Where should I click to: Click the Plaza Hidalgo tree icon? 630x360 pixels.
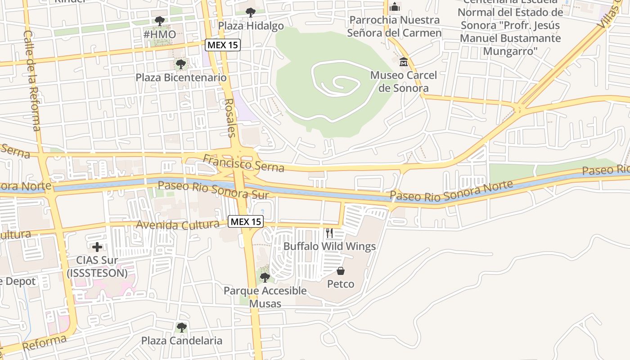(250, 13)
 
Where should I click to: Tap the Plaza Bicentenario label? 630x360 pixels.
(181, 77)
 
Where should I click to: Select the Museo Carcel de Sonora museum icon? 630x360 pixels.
(403, 62)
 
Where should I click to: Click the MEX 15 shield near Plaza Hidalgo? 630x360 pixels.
(222, 45)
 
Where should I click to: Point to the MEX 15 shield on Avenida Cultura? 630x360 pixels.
(245, 221)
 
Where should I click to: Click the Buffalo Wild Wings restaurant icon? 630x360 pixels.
(329, 233)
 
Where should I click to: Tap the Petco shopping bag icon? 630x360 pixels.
(341, 271)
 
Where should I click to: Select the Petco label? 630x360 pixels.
(341, 284)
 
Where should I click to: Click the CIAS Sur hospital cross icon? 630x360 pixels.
(97, 247)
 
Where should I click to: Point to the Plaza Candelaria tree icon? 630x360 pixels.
(181, 327)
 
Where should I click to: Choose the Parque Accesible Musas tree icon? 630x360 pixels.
(265, 277)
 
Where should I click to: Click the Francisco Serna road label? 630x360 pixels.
(243, 163)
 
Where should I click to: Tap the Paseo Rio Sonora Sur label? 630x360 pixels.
(213, 190)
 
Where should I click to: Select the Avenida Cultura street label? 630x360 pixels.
(178, 225)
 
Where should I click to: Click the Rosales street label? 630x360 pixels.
(230, 117)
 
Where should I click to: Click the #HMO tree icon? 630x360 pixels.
(159, 21)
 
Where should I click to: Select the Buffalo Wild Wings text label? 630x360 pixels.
(329, 246)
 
